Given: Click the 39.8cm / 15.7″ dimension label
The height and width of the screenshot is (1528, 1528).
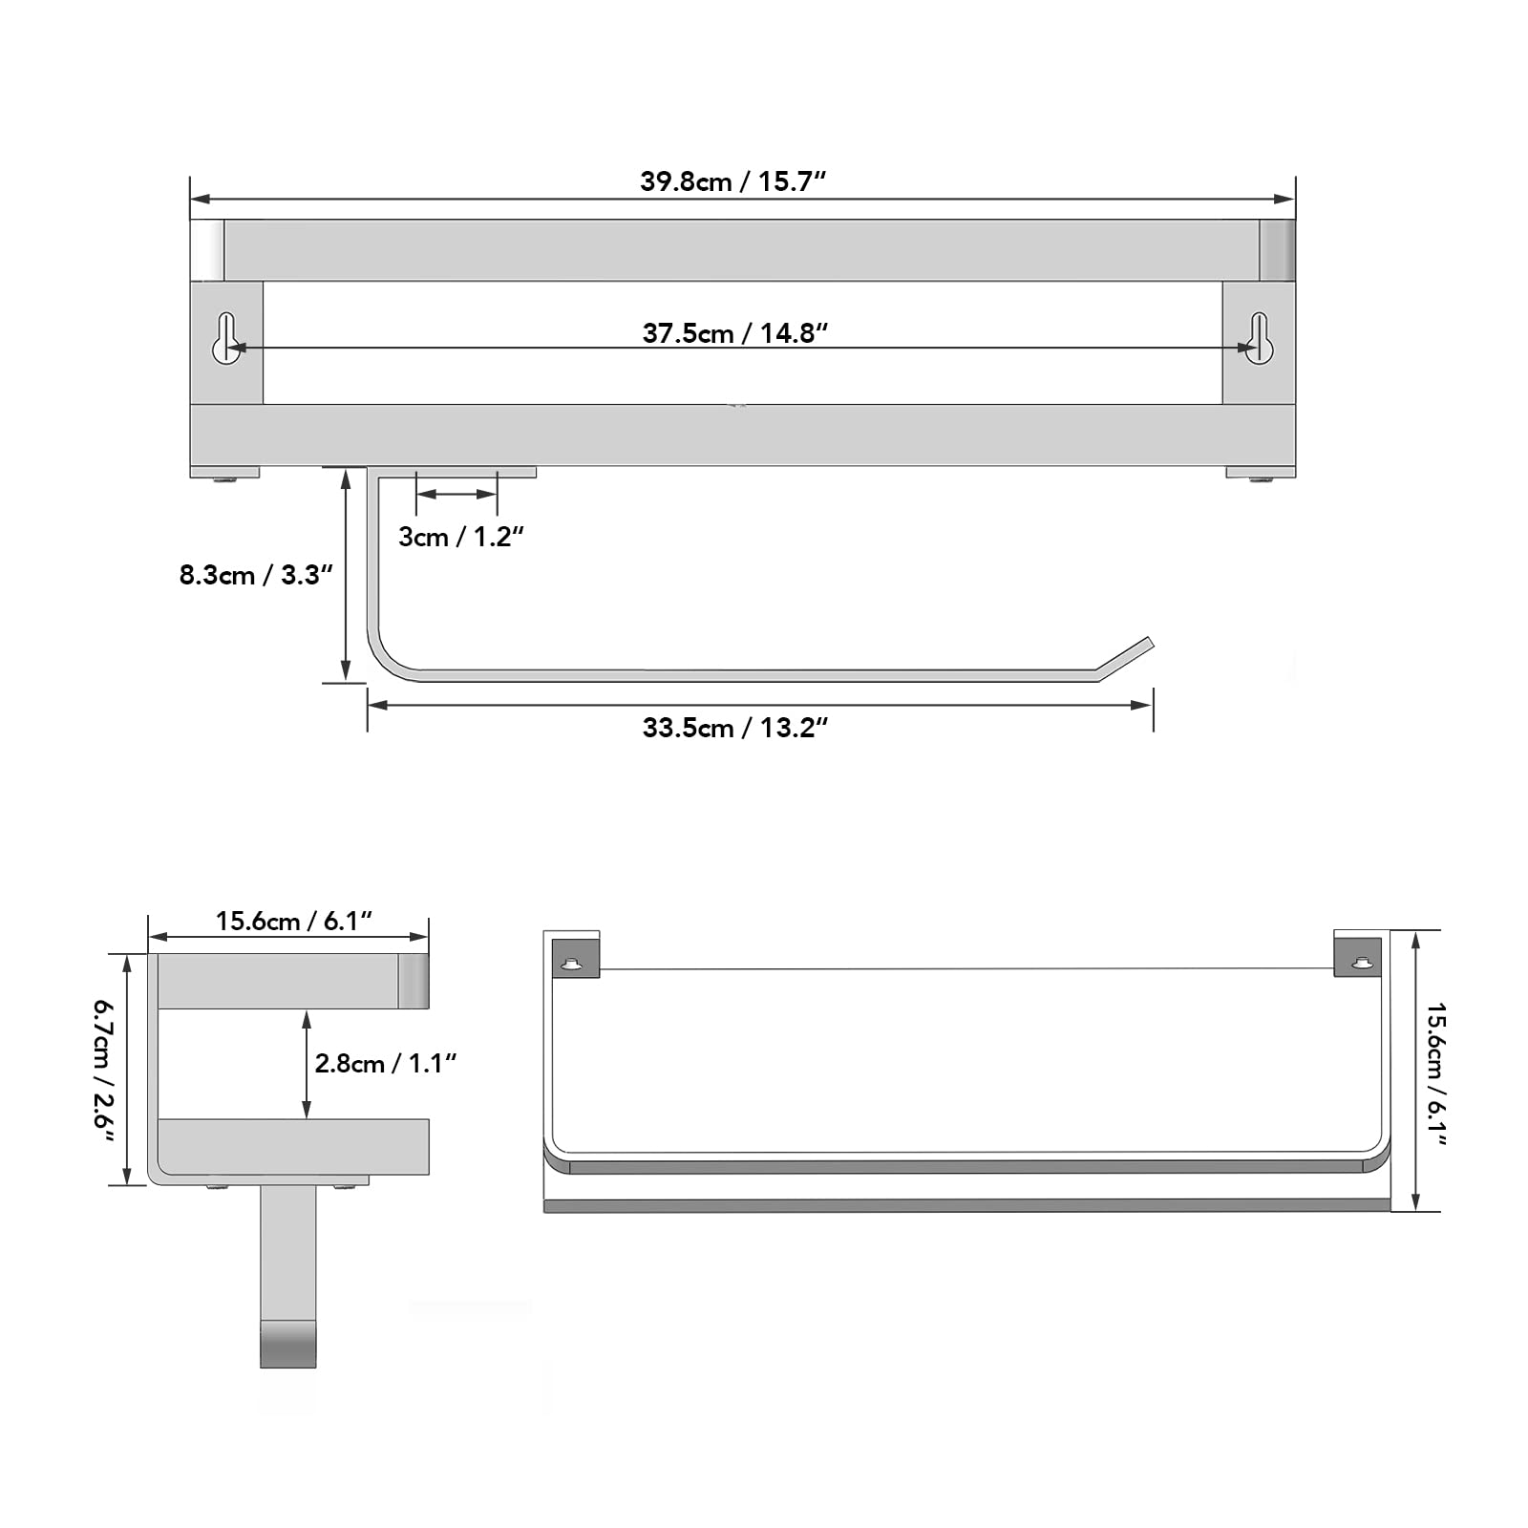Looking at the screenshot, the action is (x=732, y=181).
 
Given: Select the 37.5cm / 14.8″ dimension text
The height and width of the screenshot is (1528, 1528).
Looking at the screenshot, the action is (x=734, y=332).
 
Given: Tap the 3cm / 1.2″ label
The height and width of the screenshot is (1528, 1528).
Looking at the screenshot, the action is (x=461, y=537).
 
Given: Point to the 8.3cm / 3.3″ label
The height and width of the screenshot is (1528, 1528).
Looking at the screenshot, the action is (x=256, y=575).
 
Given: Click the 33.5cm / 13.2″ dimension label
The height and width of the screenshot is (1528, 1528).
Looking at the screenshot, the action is (x=734, y=728).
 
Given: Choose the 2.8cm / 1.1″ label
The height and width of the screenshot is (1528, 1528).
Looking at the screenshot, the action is (x=386, y=1063).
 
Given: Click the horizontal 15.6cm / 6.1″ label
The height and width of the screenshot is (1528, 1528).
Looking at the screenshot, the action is (x=293, y=921).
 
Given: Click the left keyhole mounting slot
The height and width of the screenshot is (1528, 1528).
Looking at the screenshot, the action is (x=226, y=338).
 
